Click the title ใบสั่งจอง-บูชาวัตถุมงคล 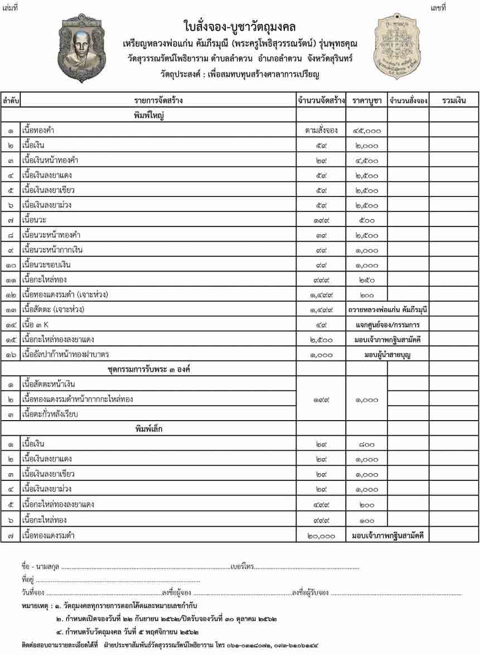click(240, 26)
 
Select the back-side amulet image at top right click(396, 46)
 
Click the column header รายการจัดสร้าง click(158, 101)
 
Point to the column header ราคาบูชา click(366, 101)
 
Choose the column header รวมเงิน click(453, 101)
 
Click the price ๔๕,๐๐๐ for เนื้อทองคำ click(366, 131)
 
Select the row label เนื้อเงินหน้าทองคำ click(50, 161)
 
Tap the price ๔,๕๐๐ click(366, 161)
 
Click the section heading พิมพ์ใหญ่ click(148, 116)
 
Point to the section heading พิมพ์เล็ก click(148, 429)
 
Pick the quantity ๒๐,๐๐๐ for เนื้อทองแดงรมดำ click(321, 536)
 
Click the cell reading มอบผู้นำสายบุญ click(387, 354)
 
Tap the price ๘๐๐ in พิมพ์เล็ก click(366, 445)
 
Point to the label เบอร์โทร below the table click(241, 567)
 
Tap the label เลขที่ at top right click(438, 7)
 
